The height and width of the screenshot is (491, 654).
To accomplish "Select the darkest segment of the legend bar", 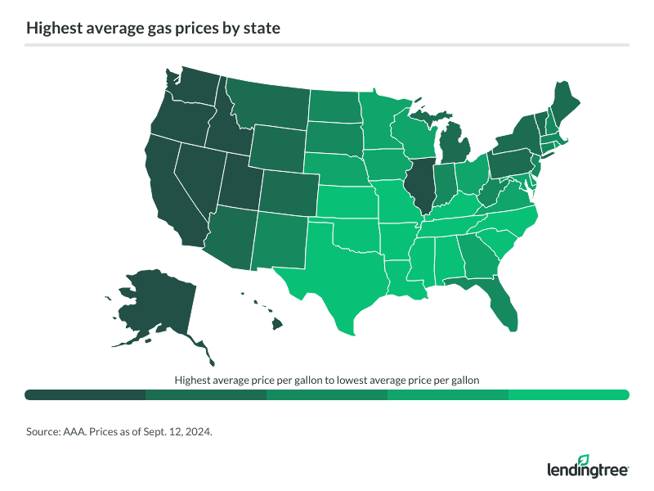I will coord(85,395).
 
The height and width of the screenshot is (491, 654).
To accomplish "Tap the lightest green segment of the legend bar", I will coord(568,395).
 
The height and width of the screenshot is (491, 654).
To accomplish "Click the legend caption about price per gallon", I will coord(326,381).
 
